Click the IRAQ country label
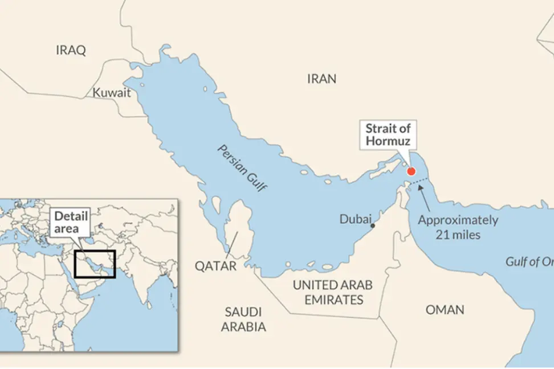click(71, 50)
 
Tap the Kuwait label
click(112, 92)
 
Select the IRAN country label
click(321, 79)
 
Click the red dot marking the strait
click(411, 171)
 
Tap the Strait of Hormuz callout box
click(388, 134)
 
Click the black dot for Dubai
click(373, 226)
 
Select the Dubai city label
click(355, 219)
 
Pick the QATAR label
click(215, 266)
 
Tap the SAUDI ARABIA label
click(243, 319)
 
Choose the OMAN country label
click(445, 310)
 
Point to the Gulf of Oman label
click(529, 261)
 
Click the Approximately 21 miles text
click(458, 227)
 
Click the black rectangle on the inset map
click(95, 264)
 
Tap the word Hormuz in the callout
click(388, 141)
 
